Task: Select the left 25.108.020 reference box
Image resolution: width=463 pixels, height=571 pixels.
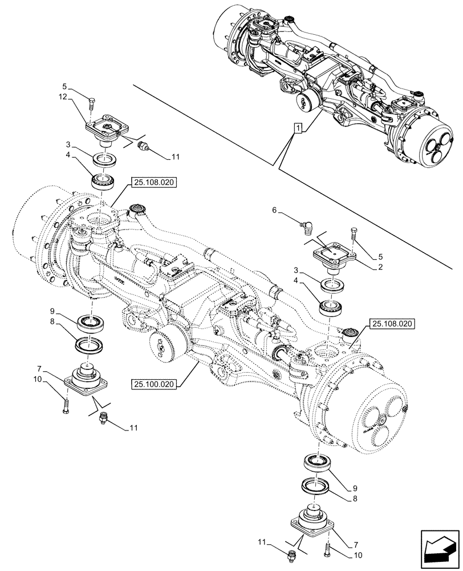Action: pyautogui.click(x=155, y=183)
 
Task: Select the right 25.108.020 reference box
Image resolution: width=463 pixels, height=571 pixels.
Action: pyautogui.click(x=393, y=324)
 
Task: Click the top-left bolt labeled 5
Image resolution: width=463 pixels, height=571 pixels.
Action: pyautogui.click(x=92, y=104)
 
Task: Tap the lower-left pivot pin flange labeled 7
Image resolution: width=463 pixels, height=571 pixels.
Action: pyautogui.click(x=87, y=379)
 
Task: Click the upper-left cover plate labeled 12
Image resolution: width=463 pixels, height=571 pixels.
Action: pyautogui.click(x=104, y=128)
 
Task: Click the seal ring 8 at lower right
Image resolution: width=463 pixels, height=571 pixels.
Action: pyautogui.click(x=315, y=486)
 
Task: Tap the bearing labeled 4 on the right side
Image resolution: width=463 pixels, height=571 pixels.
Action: pyautogui.click(x=331, y=307)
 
